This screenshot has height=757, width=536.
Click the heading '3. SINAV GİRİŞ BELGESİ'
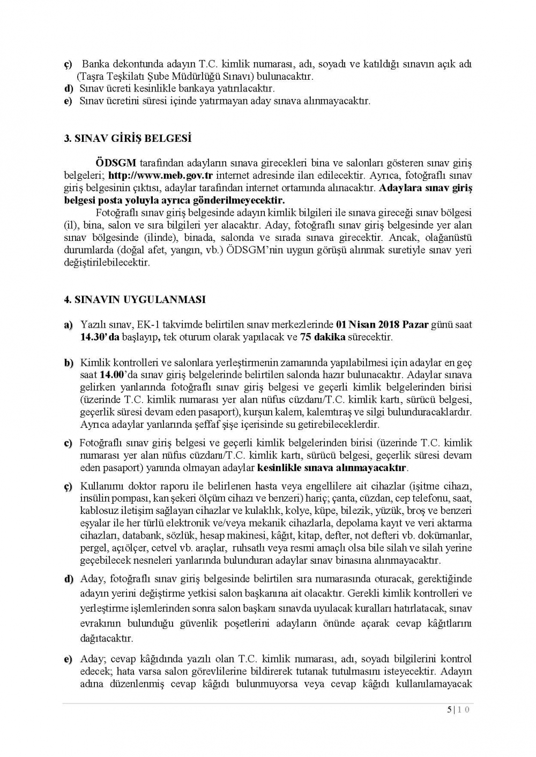128,138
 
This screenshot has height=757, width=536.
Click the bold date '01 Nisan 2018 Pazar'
382,325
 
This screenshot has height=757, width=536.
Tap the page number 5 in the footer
449,710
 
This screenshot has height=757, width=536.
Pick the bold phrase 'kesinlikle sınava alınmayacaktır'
332,468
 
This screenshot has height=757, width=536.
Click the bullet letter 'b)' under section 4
69,363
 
